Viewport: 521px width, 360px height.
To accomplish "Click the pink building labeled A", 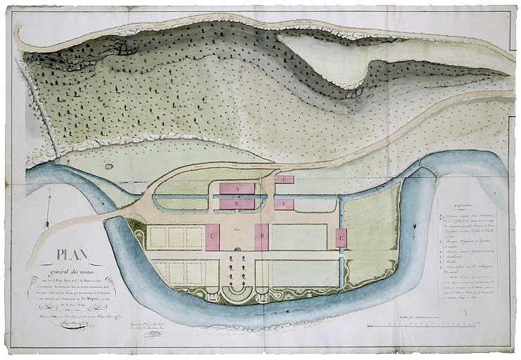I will tap(236, 188).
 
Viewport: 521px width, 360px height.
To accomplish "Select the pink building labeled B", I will tap(236, 204).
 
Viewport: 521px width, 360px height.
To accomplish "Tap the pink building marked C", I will tap(212, 237).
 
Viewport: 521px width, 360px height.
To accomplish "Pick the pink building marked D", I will tap(262, 237).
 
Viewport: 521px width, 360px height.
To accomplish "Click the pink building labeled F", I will tap(283, 204).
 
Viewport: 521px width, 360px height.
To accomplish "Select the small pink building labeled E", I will tap(283, 179).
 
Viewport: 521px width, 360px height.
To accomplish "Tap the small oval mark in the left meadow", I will tap(109, 166).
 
